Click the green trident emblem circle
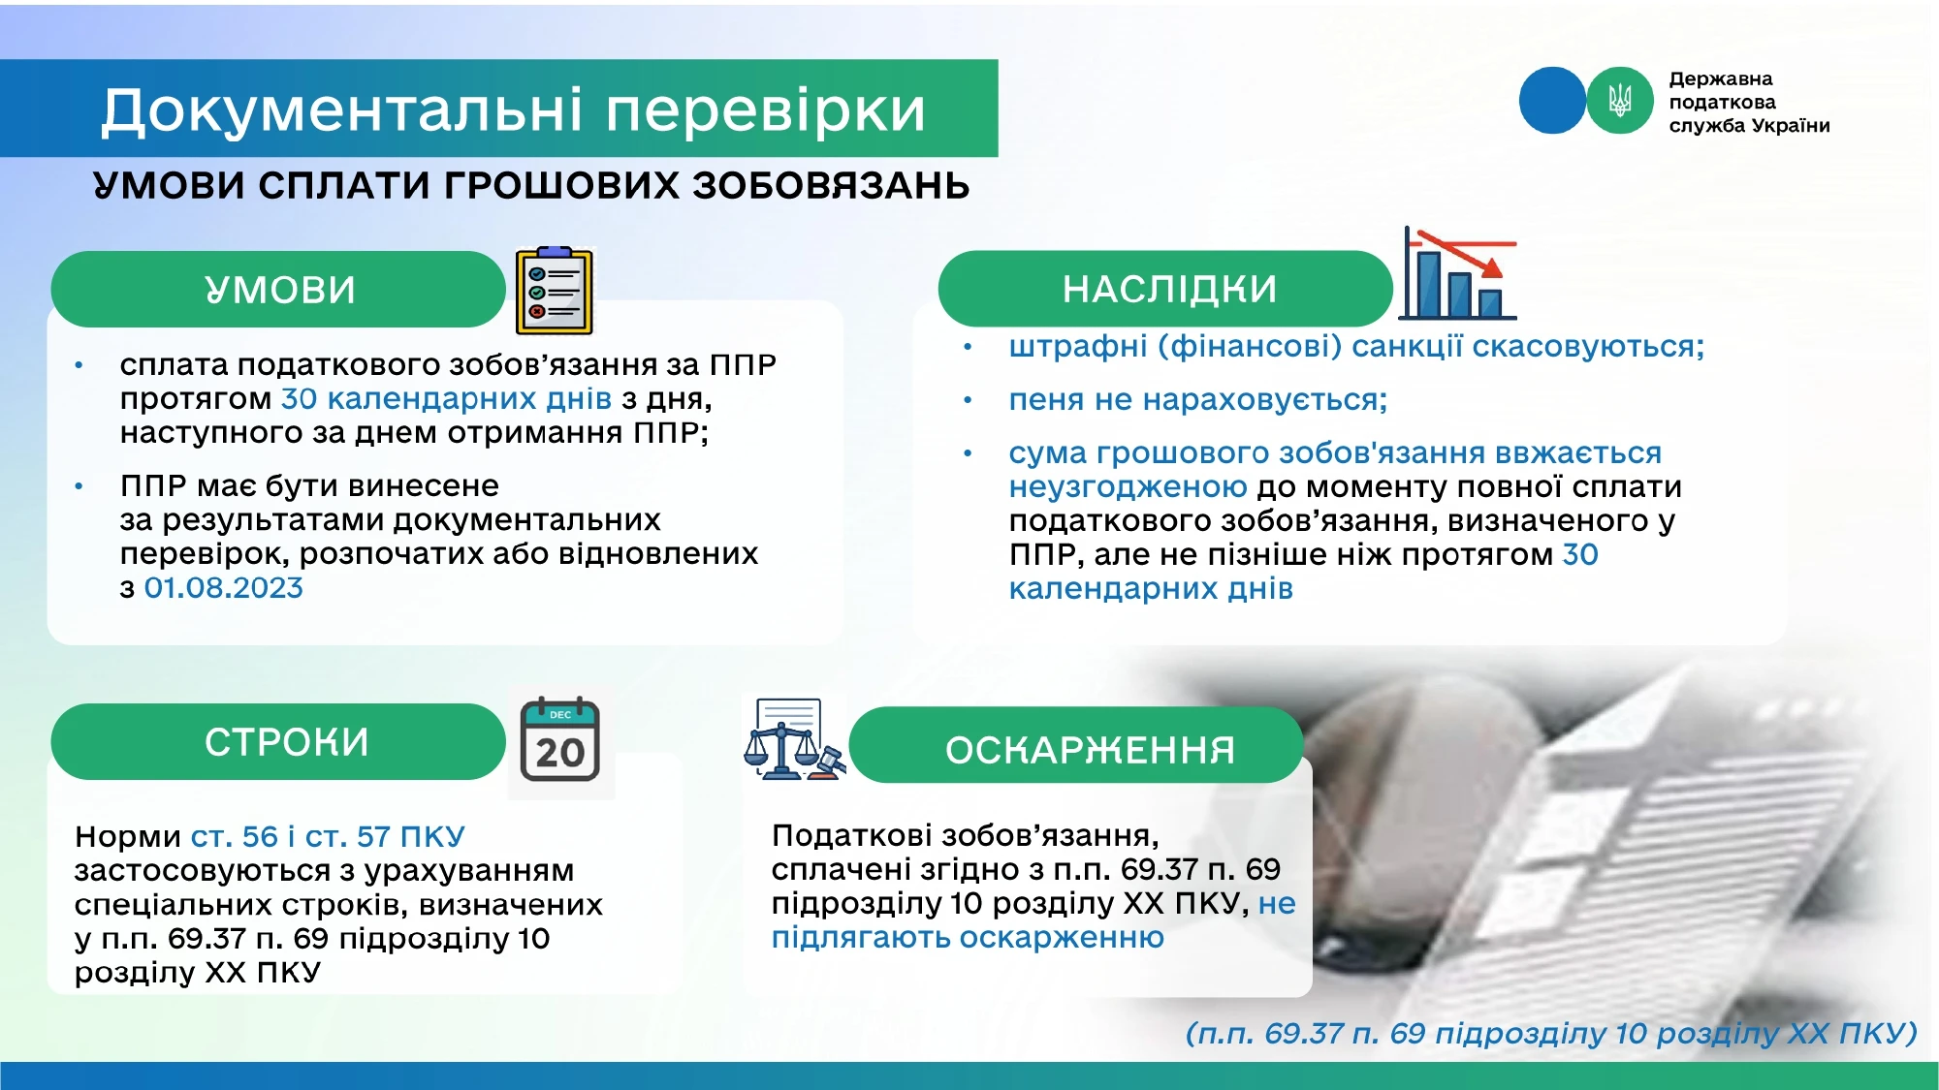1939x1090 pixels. [1620, 100]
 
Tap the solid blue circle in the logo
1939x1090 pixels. [1553, 100]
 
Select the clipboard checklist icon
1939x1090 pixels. [554, 291]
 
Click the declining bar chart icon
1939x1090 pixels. [1458, 273]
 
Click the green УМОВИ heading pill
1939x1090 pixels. [279, 290]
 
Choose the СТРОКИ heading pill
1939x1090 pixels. [279, 742]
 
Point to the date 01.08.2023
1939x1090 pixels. [224, 588]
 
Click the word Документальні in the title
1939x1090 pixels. [342, 109]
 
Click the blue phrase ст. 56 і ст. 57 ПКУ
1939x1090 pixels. [328, 836]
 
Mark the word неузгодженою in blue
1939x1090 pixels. [1128, 487]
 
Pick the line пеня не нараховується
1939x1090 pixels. [1198, 400]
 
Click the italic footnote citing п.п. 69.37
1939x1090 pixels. [1551, 1033]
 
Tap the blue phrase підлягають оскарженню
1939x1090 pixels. [968, 938]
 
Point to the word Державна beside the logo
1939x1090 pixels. [1721, 79]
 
